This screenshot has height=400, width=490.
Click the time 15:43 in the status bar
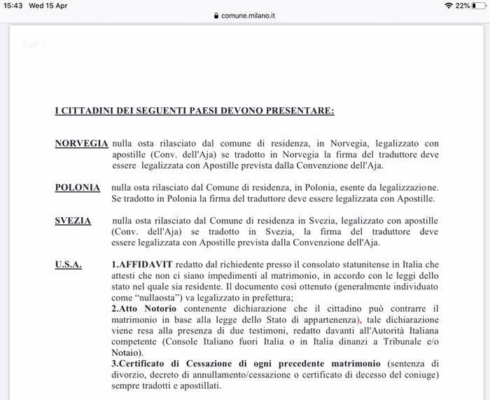(x=13, y=5)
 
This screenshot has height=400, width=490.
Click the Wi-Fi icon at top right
(x=448, y=6)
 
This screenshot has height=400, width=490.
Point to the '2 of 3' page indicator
(x=34, y=45)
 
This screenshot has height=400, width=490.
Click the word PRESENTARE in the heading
(x=301, y=111)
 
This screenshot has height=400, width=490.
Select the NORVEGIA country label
(x=81, y=144)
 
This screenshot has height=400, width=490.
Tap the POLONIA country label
(x=77, y=188)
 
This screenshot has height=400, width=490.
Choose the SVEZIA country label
(x=73, y=221)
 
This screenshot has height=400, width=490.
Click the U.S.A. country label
(x=69, y=265)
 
